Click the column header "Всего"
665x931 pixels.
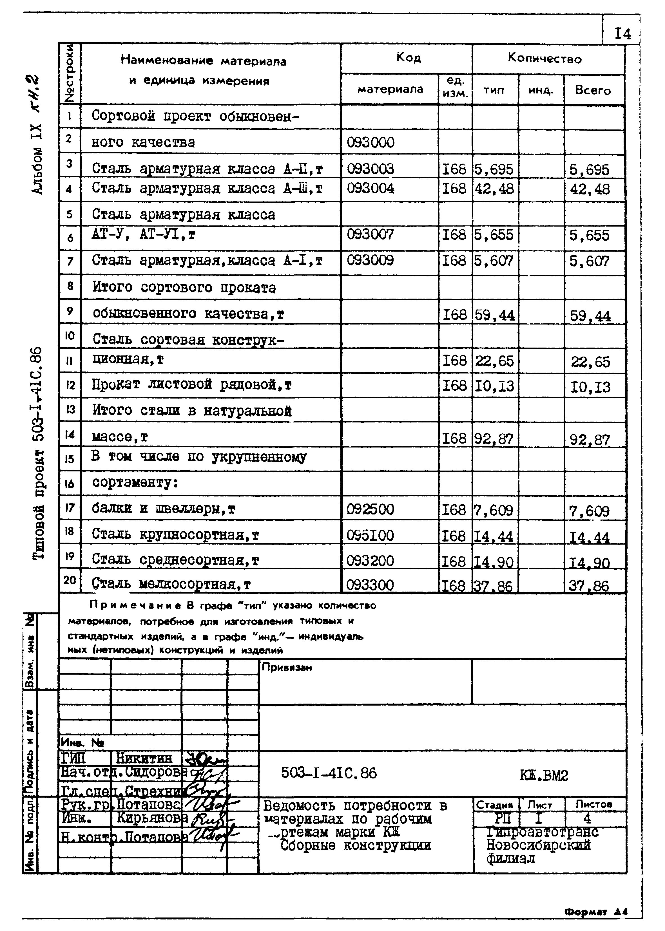[x=593, y=90]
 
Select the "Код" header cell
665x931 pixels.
[x=408, y=58]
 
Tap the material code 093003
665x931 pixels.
[x=371, y=169]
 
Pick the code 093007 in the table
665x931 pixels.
[x=371, y=234]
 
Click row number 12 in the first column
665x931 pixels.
[x=70, y=385]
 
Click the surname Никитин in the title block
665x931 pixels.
[x=144, y=758]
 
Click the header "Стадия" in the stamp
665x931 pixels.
[x=494, y=805]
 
